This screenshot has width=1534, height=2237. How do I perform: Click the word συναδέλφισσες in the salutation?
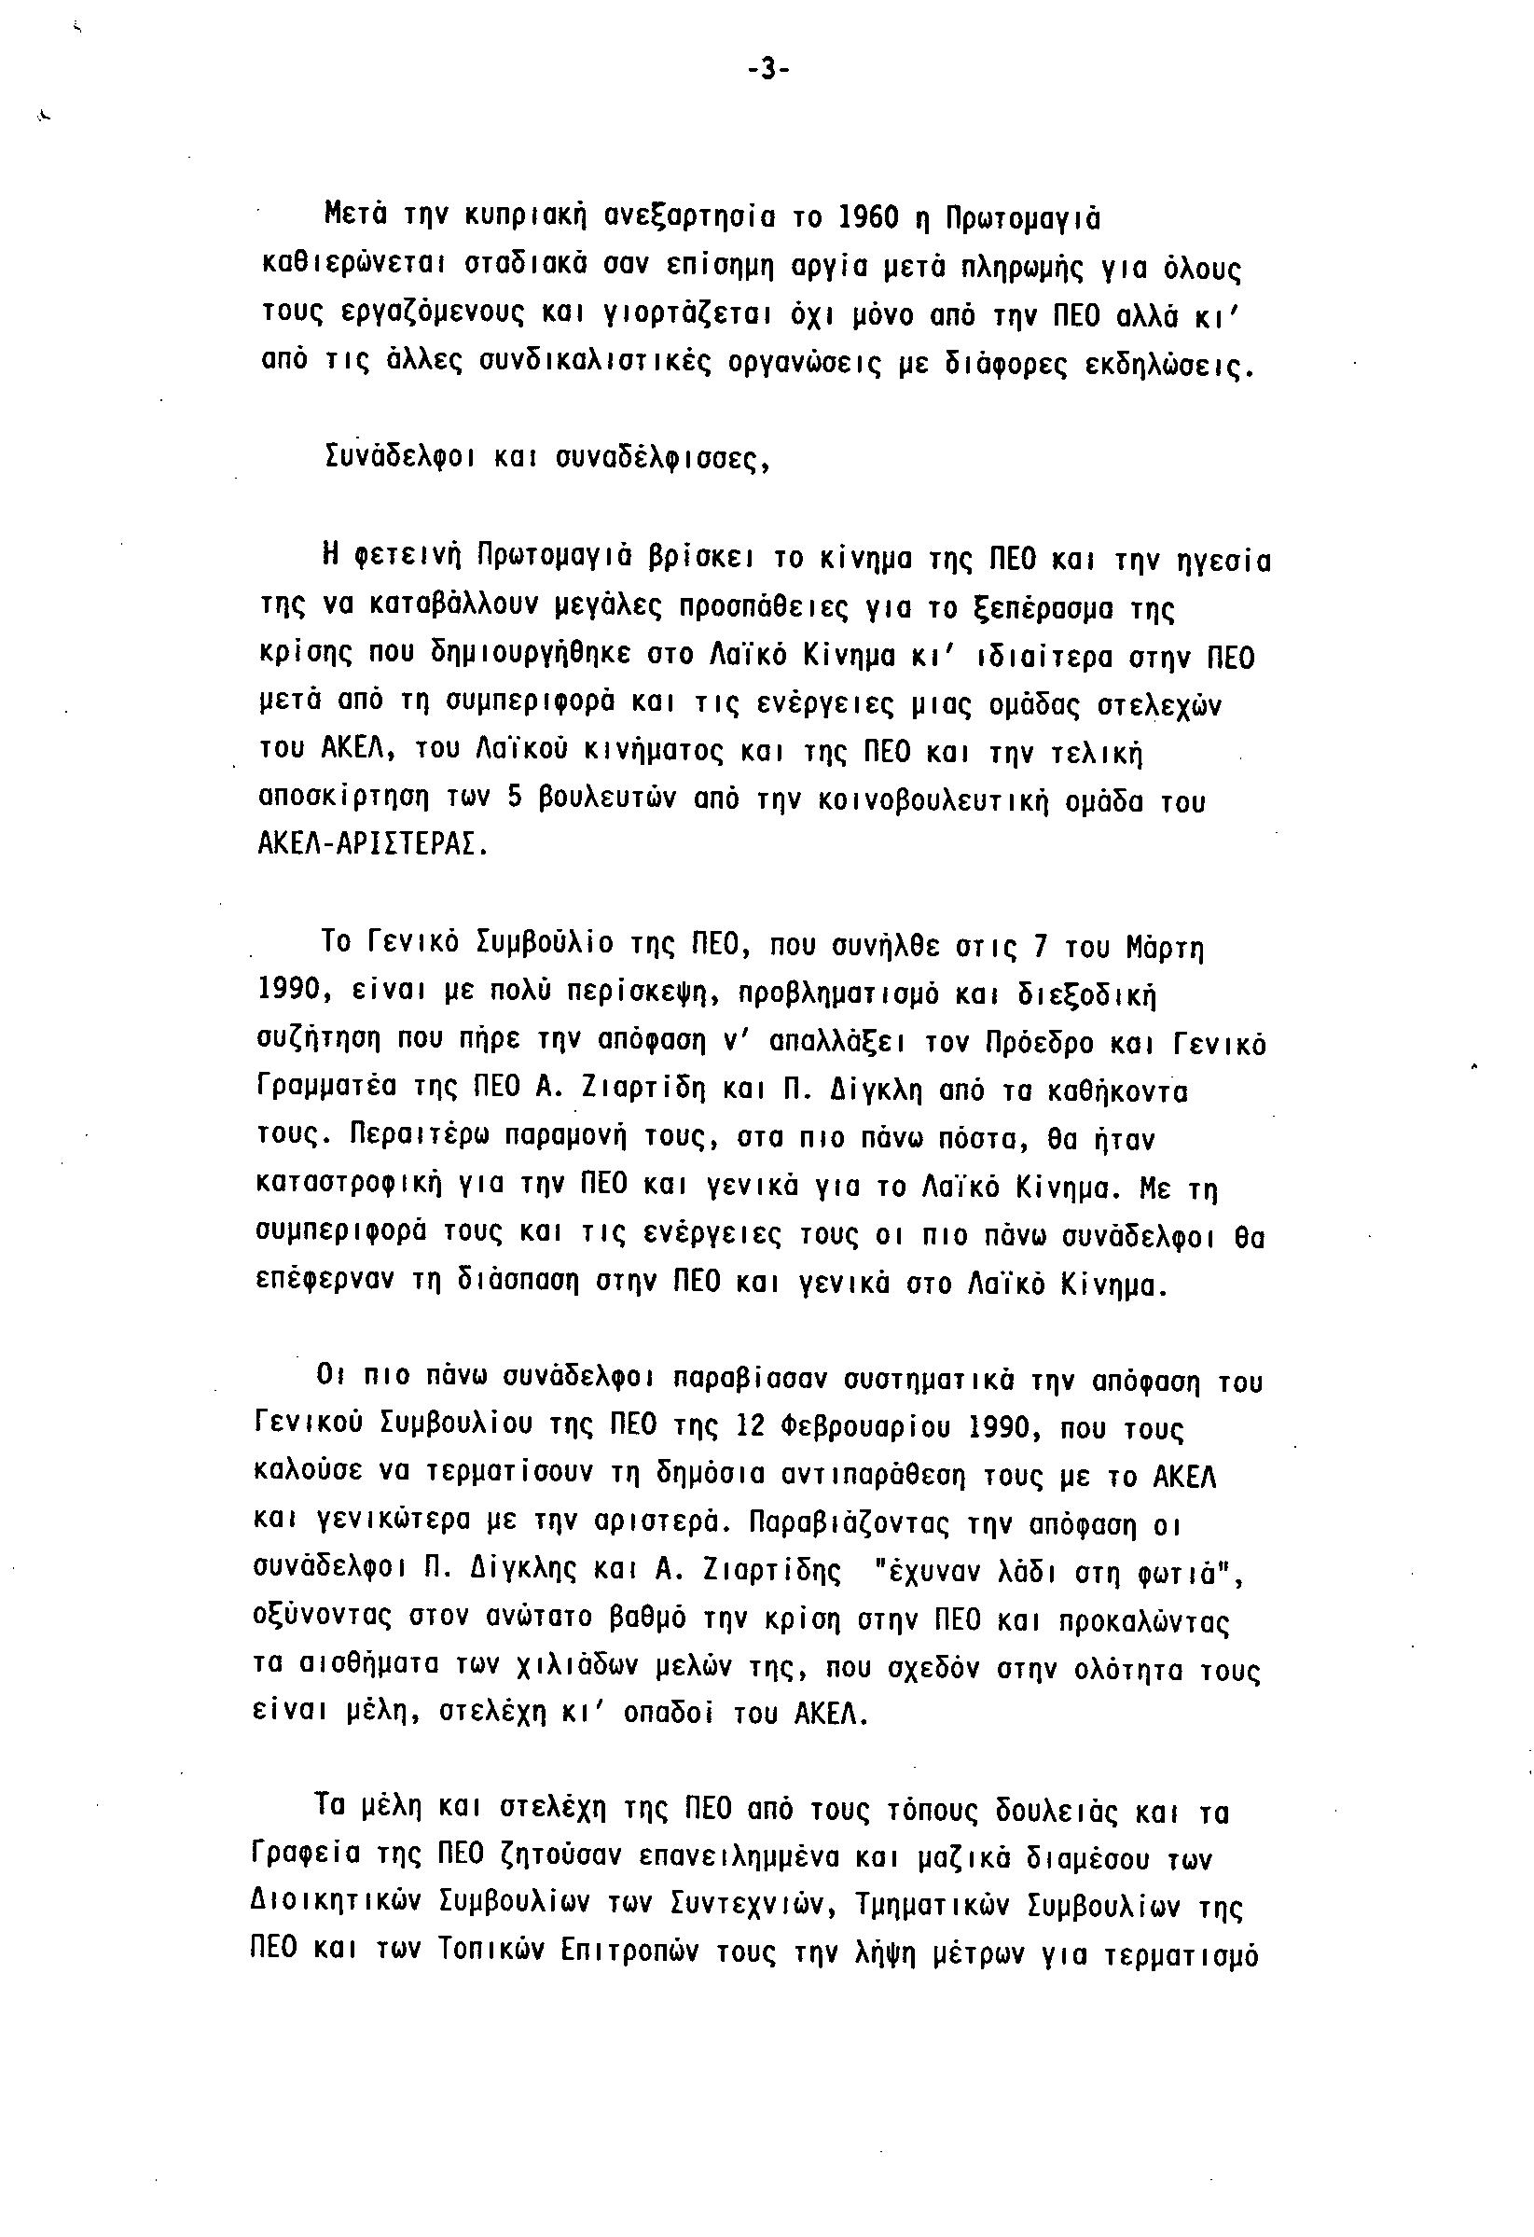point(664,460)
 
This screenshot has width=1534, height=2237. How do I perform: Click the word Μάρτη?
point(1166,947)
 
